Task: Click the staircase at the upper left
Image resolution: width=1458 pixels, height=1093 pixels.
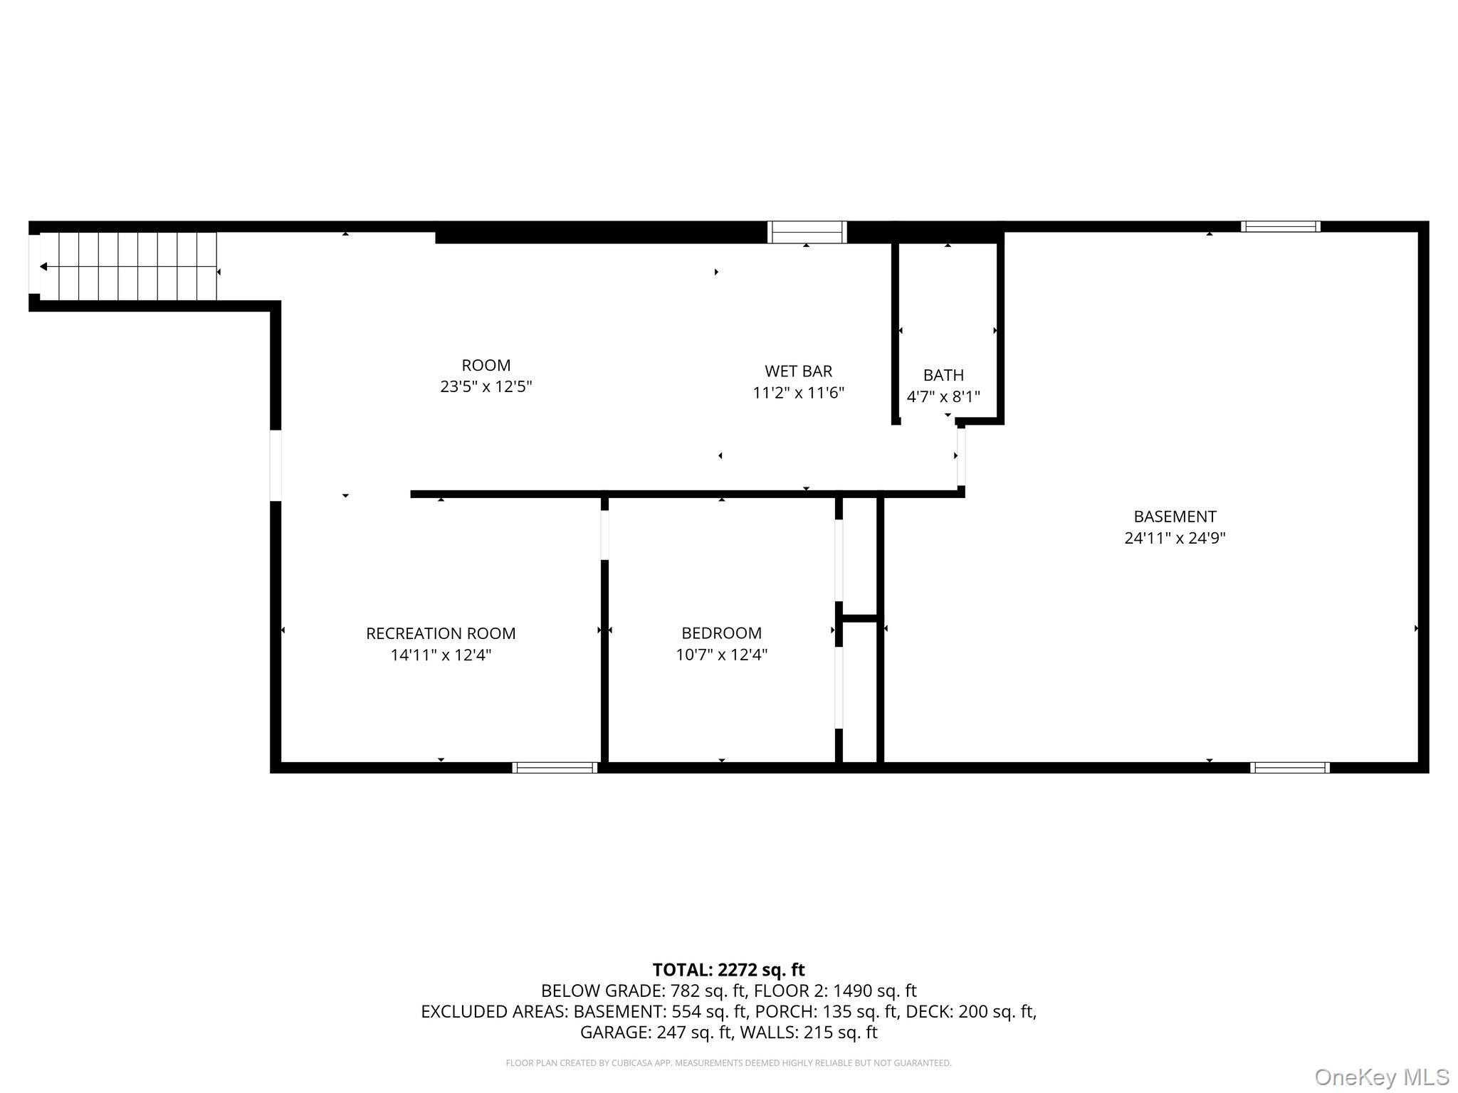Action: click(x=128, y=266)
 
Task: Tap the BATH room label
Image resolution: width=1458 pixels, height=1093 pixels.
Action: click(x=943, y=375)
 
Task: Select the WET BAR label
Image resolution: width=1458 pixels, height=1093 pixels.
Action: click(x=798, y=371)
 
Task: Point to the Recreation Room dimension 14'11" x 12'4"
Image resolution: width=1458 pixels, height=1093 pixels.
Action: click(x=441, y=655)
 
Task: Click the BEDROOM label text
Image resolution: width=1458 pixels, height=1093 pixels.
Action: click(x=721, y=633)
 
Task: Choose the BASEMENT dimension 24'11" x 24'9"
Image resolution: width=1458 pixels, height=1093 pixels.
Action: click(x=1175, y=538)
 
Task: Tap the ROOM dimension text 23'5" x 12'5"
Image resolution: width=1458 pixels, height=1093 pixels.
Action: click(x=486, y=387)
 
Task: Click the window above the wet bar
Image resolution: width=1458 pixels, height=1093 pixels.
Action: click(x=807, y=232)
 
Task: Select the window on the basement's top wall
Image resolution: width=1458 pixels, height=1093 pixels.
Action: click(x=1280, y=226)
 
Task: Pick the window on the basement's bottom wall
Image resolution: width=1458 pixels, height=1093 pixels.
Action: click(x=1289, y=767)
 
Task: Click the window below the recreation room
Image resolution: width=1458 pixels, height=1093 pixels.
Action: click(x=555, y=767)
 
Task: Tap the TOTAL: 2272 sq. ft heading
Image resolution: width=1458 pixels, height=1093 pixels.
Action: click(x=728, y=969)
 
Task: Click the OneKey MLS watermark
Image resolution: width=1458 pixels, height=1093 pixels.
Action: click(x=1381, y=1077)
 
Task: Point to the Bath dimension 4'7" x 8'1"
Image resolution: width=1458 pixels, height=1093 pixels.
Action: click(x=943, y=397)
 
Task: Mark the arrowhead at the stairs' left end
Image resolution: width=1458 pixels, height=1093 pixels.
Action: click(x=43, y=266)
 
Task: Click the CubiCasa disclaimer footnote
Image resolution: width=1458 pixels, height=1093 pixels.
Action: click(x=728, y=1063)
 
